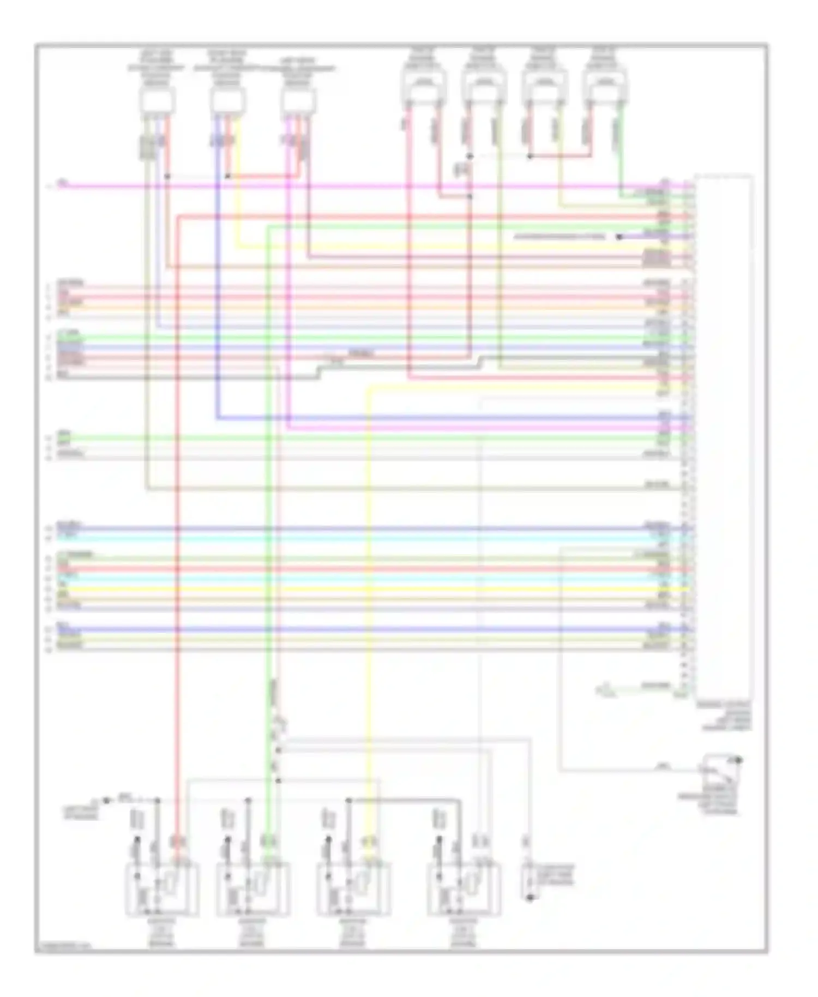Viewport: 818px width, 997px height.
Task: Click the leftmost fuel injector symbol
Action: point(423,87)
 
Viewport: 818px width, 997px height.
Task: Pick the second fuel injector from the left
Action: point(483,87)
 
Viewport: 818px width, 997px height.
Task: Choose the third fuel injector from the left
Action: point(544,87)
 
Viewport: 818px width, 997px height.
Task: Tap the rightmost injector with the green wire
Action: point(604,87)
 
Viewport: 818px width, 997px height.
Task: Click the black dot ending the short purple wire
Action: point(619,237)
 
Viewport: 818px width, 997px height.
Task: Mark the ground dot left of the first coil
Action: point(107,801)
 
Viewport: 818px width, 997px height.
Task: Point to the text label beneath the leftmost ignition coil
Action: point(161,933)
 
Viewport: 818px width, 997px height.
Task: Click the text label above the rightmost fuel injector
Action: point(604,59)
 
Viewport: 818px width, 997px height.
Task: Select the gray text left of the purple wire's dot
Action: point(559,237)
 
